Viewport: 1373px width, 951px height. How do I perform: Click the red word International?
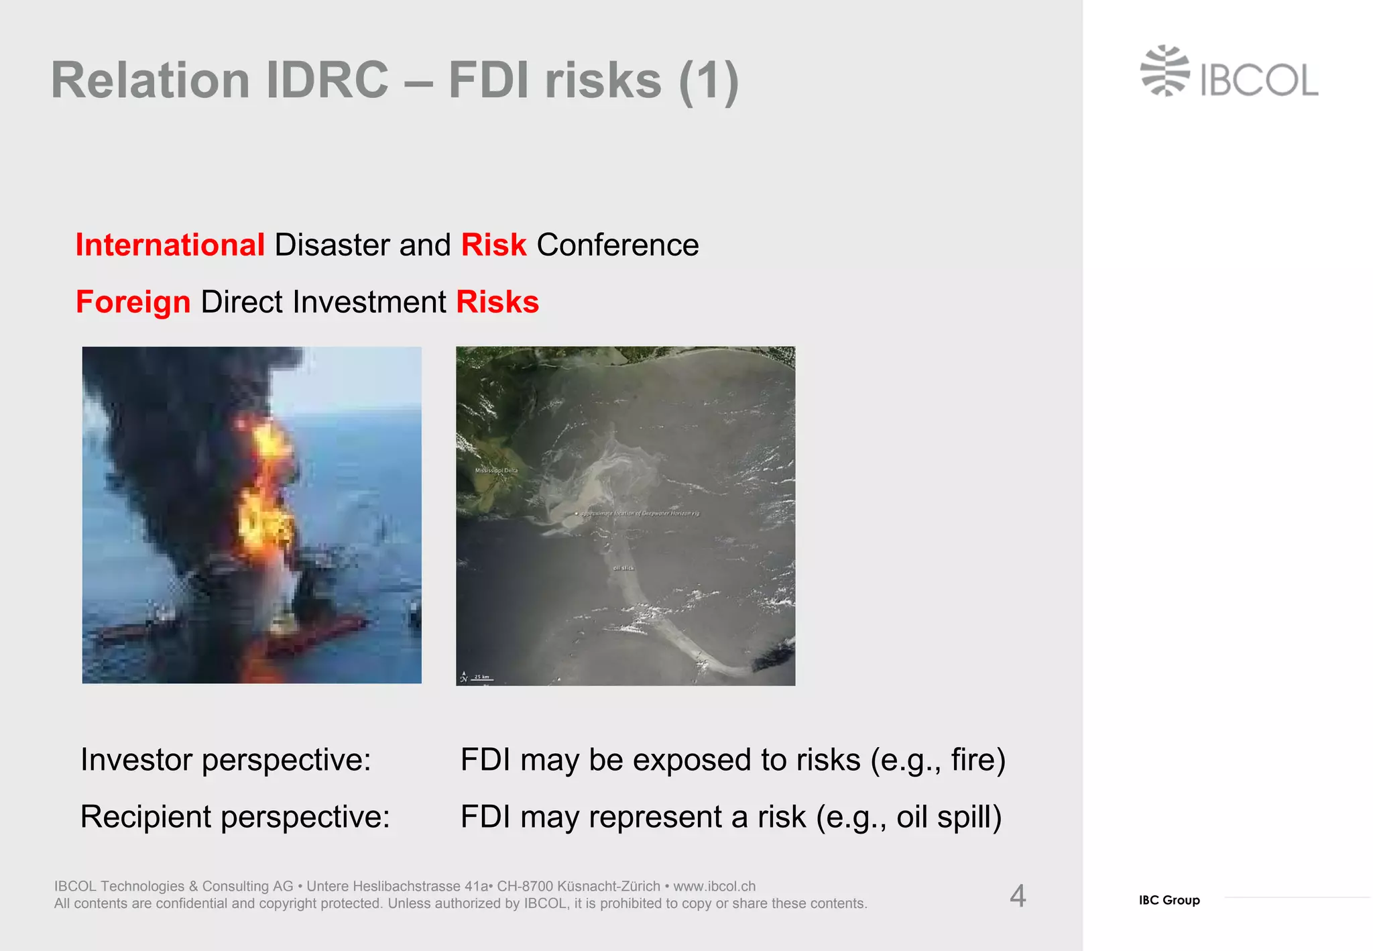click(170, 245)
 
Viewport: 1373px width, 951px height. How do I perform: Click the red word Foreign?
click(133, 302)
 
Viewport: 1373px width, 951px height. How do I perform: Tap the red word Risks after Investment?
click(497, 302)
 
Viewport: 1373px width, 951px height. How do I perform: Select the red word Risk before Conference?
click(493, 245)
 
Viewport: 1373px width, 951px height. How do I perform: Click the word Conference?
click(617, 245)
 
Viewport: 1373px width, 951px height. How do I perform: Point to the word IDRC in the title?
click(327, 80)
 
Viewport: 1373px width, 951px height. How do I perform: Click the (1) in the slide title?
click(709, 81)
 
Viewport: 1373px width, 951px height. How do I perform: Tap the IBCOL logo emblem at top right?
click(1165, 70)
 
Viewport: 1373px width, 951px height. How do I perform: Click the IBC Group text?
click(1169, 900)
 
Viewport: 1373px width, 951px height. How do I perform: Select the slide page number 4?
click(1018, 896)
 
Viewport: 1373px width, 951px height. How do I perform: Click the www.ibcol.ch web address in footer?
click(715, 886)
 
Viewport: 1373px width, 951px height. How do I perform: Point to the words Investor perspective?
click(226, 760)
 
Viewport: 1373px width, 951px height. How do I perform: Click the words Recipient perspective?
click(235, 817)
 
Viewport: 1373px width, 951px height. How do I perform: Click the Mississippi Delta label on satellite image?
click(496, 470)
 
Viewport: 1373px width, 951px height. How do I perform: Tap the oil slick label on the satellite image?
click(623, 568)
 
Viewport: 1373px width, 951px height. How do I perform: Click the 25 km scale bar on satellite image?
click(480, 678)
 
